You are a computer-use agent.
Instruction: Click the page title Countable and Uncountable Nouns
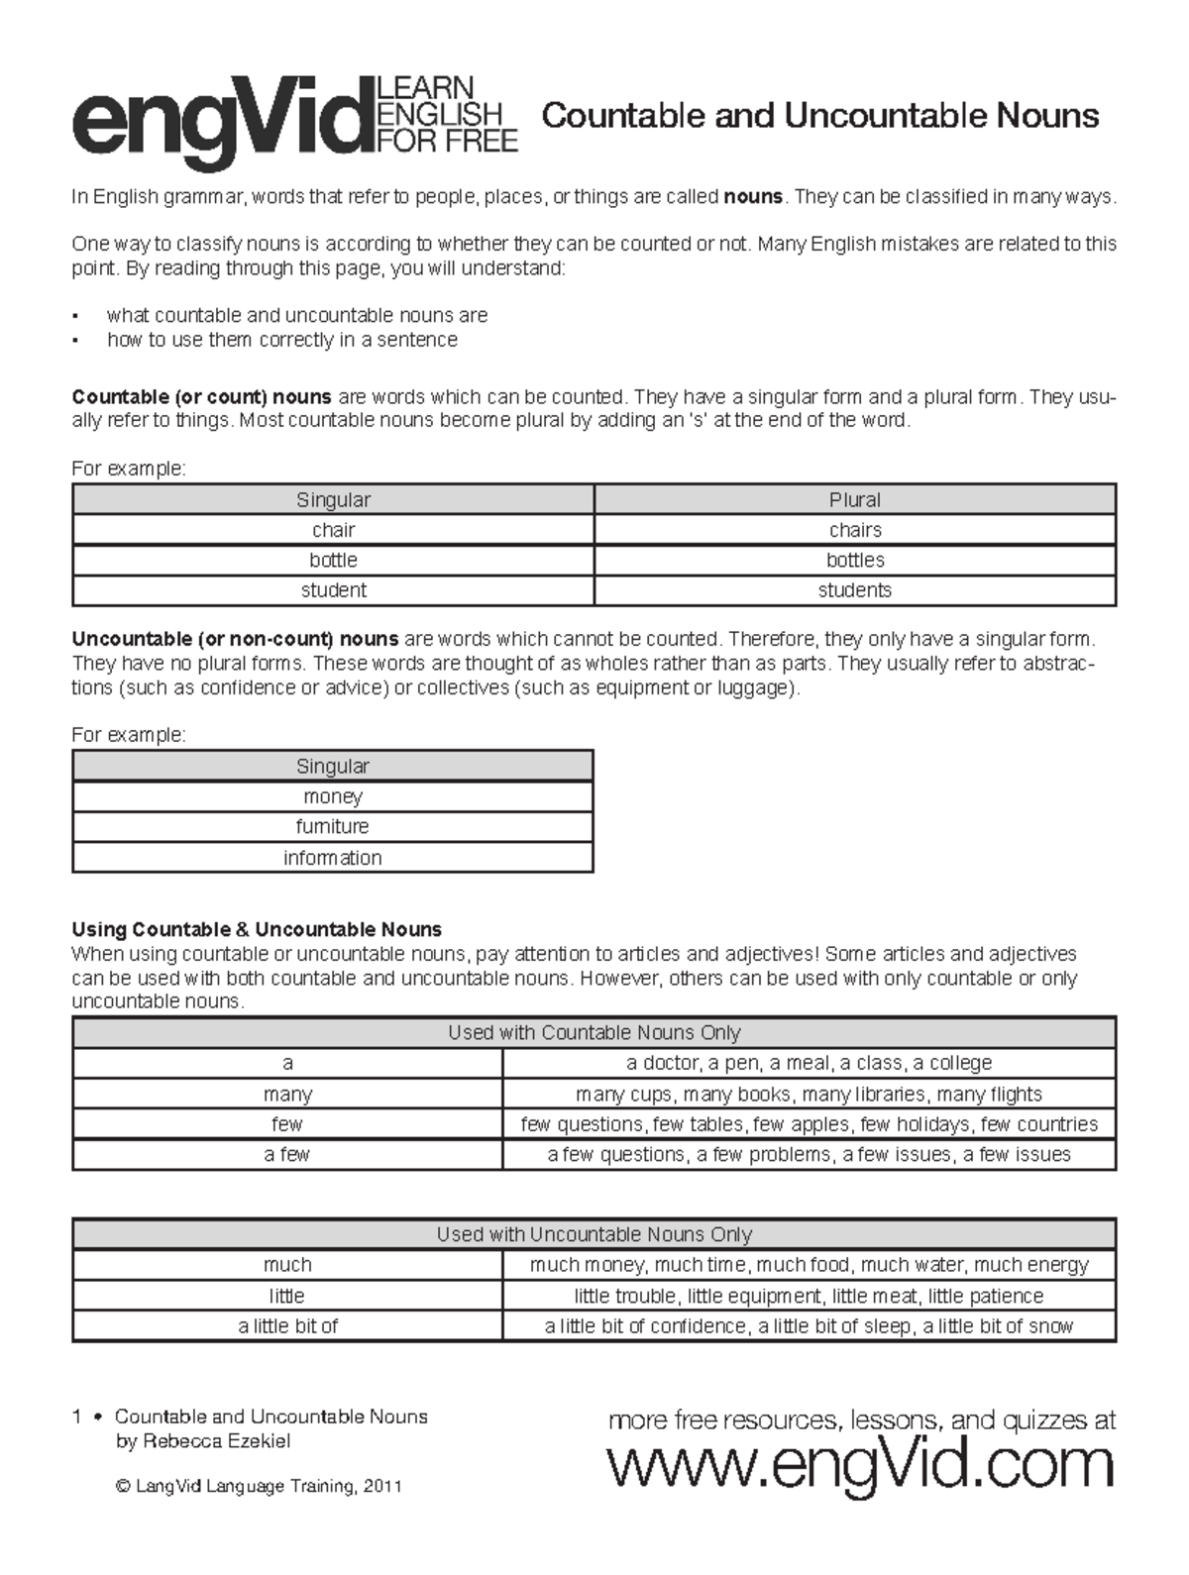[x=820, y=116]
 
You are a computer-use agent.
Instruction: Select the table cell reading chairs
[x=855, y=530]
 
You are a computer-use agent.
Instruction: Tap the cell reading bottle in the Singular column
[x=333, y=560]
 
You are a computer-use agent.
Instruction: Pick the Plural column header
[x=855, y=499]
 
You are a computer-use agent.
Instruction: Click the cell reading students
[x=855, y=590]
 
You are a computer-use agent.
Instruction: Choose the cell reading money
[x=333, y=796]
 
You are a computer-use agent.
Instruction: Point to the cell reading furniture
[x=333, y=826]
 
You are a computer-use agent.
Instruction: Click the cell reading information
[x=333, y=858]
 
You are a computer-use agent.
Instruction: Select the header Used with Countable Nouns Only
[x=594, y=1032]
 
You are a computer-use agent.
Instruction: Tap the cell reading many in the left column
[x=287, y=1094]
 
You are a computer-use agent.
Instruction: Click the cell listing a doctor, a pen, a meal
[x=809, y=1063]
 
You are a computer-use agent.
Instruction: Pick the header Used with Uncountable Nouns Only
[x=594, y=1234]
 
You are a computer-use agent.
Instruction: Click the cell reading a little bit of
[x=287, y=1325]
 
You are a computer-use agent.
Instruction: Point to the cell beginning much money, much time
[x=809, y=1265]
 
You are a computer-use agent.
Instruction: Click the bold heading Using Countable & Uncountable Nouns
[x=257, y=929]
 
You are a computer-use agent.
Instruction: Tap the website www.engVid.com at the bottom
[x=860, y=1465]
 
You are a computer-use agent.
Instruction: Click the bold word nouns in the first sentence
[x=753, y=196]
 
